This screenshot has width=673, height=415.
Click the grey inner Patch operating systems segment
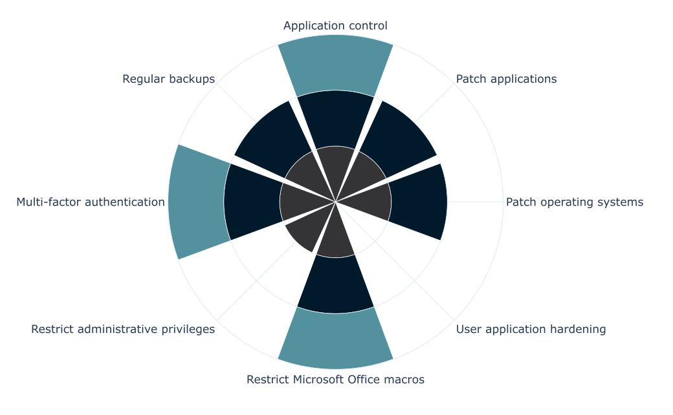(369, 202)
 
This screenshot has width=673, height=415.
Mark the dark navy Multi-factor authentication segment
(252, 202)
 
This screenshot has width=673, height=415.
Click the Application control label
(335, 26)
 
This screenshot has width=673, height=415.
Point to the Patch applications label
(506, 79)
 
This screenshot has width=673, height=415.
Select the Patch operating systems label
(574, 202)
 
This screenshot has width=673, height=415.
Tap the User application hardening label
(531, 329)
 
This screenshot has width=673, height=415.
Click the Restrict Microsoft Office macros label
(335, 379)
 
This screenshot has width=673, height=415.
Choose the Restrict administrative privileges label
(123, 329)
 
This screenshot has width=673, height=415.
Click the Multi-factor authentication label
(91, 202)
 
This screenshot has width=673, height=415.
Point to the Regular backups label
(168, 79)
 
